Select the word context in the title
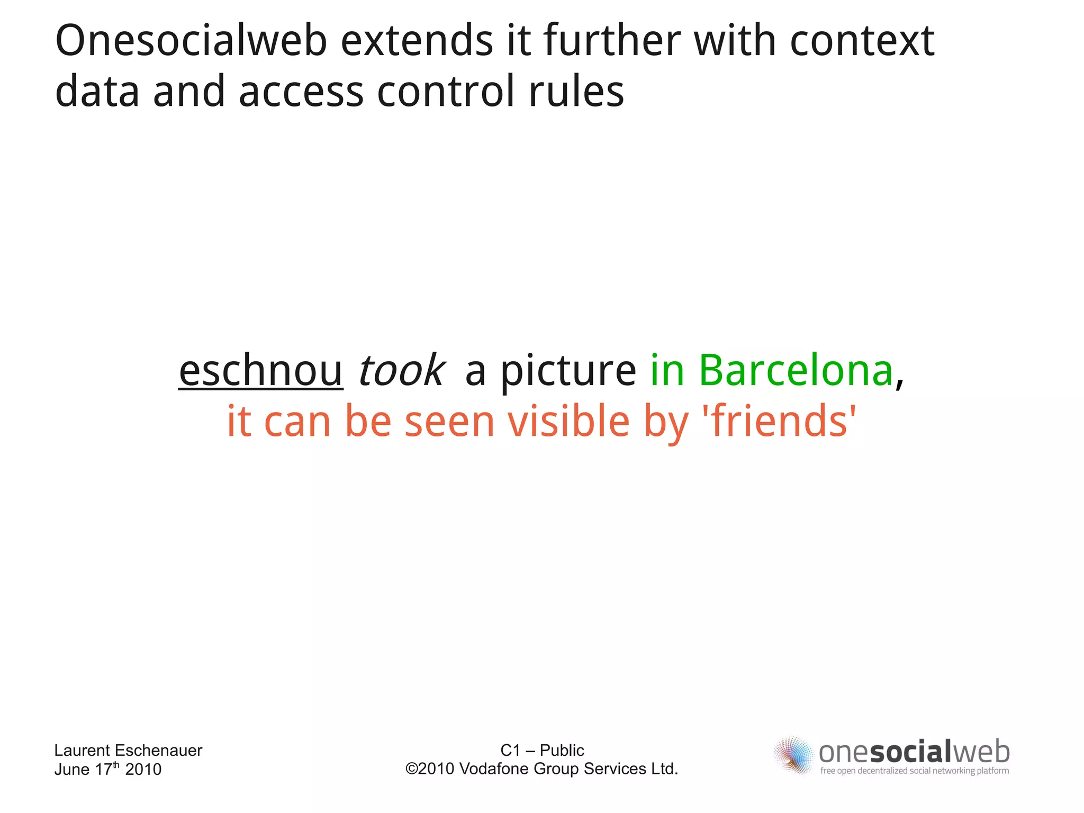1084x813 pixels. point(862,41)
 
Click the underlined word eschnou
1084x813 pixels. point(260,370)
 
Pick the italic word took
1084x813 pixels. point(401,370)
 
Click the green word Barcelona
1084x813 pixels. point(796,370)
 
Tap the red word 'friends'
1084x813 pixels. point(779,422)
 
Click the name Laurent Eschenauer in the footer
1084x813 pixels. point(128,750)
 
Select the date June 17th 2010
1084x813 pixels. point(107,769)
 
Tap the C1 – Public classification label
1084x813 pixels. point(542,750)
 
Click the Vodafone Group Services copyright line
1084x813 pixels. point(542,769)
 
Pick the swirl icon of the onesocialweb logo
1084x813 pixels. point(793,755)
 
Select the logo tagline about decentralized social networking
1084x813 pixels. point(914,771)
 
